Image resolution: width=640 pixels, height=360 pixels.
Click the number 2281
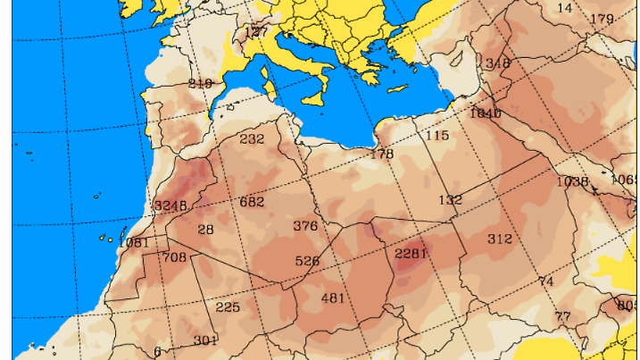tap(411, 253)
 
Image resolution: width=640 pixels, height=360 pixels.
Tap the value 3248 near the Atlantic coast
tap(170, 205)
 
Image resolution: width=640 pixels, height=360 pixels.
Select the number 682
tap(252, 201)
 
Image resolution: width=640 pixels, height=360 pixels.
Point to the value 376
tap(305, 225)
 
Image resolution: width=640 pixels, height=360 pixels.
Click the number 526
tap(307, 261)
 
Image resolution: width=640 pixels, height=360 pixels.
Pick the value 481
tap(332, 297)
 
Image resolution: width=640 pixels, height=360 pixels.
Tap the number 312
tap(499, 239)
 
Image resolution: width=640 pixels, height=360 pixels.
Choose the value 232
tap(252, 138)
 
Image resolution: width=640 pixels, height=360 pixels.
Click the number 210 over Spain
tap(200, 83)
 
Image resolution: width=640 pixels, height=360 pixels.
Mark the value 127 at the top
tap(255, 31)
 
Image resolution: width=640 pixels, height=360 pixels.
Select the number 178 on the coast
tap(381, 154)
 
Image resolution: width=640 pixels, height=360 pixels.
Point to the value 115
tap(436, 135)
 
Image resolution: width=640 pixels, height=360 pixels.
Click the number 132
tap(450, 199)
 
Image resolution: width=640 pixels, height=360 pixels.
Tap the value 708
tap(174, 257)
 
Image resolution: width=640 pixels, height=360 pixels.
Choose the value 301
tap(205, 339)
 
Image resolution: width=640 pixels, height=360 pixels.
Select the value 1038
tap(572, 180)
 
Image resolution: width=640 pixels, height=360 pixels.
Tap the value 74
tap(546, 281)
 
